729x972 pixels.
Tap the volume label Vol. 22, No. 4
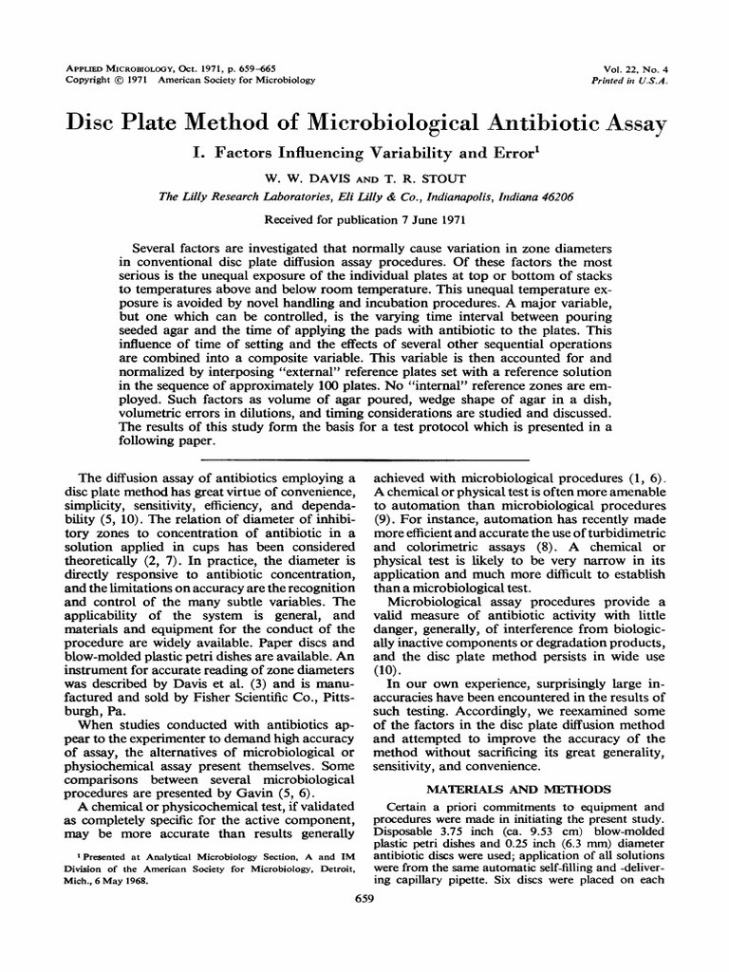coord(634,69)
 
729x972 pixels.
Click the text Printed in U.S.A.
coord(630,81)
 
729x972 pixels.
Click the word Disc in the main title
coord(91,123)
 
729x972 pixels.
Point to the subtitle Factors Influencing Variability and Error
coord(373,153)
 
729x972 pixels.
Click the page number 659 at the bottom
coord(364,897)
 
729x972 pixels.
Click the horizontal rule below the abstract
coord(364,458)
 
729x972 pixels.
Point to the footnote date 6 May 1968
coord(135,879)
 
